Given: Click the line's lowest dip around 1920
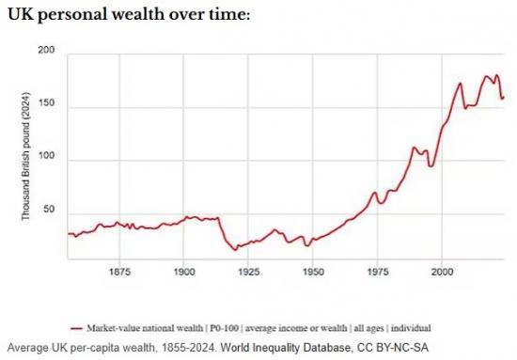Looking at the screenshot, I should pos(237,250).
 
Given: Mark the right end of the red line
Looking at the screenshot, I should pos(504,96).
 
